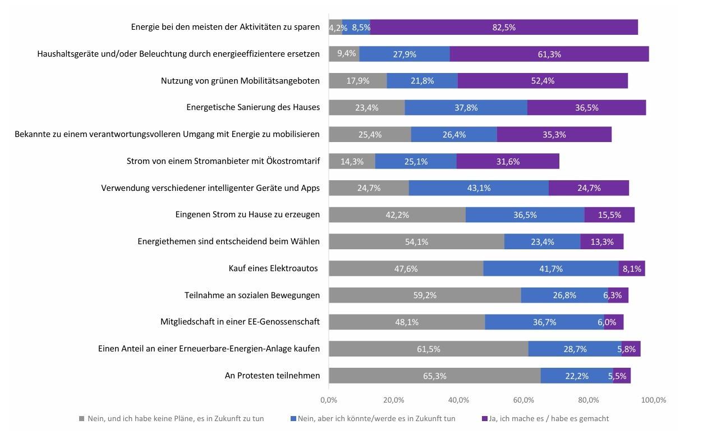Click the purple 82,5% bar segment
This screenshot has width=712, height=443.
pyautogui.click(x=504, y=27)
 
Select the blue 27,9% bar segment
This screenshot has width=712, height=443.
pyautogui.click(x=404, y=54)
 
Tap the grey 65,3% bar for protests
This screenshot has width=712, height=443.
pyautogui.click(x=434, y=376)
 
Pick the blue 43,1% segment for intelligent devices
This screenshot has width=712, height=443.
pyautogui.click(x=479, y=188)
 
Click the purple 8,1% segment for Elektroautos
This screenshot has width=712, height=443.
pyautogui.click(x=632, y=268)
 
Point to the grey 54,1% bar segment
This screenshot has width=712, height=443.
pyautogui.click(x=416, y=241)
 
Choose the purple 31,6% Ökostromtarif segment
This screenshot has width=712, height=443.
pyautogui.click(x=508, y=161)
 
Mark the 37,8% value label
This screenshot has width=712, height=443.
pyautogui.click(x=466, y=108)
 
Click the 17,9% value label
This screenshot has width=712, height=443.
pyautogui.click(x=357, y=81)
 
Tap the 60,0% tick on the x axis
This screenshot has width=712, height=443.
pyautogui.click(x=523, y=400)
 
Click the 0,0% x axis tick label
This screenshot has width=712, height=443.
pyautogui.click(x=329, y=400)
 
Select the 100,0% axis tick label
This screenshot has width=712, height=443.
pyautogui.click(x=654, y=400)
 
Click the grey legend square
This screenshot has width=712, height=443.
pyautogui.click(x=81, y=418)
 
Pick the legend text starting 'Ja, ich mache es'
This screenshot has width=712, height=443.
pyautogui.click(x=549, y=418)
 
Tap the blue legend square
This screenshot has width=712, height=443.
pyautogui.click(x=293, y=418)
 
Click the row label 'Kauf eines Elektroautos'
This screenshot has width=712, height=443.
pyautogui.click(x=274, y=268)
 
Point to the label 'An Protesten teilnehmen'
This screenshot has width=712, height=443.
pyautogui.click(x=272, y=376)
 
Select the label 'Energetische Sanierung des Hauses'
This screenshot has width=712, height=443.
pyautogui.click(x=253, y=107)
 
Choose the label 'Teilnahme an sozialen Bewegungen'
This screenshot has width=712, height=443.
pyautogui.click(x=252, y=295)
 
